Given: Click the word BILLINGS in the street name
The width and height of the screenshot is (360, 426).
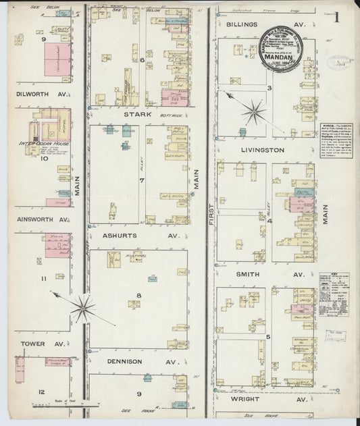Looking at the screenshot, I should point(242,24).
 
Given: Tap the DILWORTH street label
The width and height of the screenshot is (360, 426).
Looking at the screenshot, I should point(30,95).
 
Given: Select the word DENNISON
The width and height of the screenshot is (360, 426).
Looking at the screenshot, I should point(124,361).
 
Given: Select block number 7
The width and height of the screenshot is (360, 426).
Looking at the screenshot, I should point(141,181).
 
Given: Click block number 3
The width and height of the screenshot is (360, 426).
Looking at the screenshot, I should point(268,88).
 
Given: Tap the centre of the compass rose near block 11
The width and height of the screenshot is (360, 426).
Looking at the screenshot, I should point(82,309).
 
